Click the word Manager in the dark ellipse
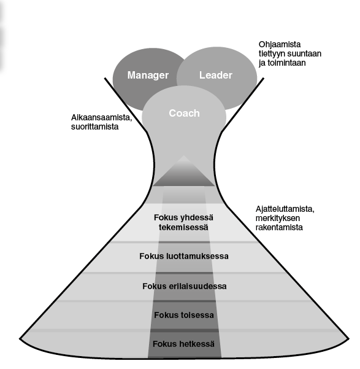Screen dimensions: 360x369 (x=148, y=76)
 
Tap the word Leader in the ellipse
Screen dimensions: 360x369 (x=216, y=76)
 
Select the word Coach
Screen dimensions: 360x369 (x=185, y=113)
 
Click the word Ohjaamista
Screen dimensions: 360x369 (x=280, y=45)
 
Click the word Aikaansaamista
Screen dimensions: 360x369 (x=102, y=117)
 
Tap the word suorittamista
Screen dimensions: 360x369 (x=95, y=126)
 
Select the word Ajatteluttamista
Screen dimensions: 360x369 (x=285, y=209)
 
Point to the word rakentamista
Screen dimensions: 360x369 (x=279, y=227)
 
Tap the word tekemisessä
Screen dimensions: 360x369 (x=183, y=227)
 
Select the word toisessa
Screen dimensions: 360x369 (x=197, y=315)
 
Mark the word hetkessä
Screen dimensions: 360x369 (x=197, y=344)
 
